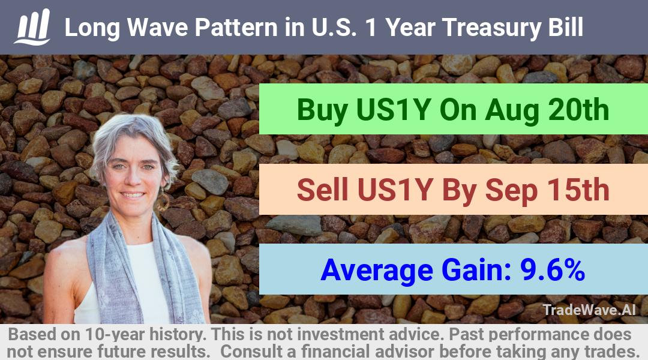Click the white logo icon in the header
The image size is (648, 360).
tap(32, 26)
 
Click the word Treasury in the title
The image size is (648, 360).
tap(491, 28)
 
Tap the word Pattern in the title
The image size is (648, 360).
tap(236, 27)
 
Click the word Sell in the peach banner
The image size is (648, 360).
tap(322, 190)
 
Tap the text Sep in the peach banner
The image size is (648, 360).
tap(511, 191)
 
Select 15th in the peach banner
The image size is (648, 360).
tap(578, 190)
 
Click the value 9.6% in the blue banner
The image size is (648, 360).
tap(552, 270)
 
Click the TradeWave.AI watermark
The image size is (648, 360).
tap(589, 310)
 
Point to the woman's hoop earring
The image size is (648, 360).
tap(163, 202)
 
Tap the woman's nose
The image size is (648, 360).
tap(133, 179)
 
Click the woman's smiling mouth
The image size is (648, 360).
tap(133, 194)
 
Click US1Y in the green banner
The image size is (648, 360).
tap(393, 110)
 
